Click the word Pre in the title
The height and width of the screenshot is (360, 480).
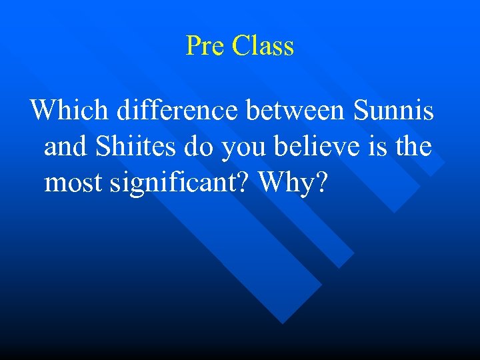pyautogui.click(x=205, y=46)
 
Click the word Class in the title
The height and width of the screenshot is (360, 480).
pyautogui.click(x=263, y=46)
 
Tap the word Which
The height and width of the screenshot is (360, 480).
pyautogui.click(x=70, y=110)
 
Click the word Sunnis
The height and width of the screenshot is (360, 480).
pyautogui.click(x=393, y=110)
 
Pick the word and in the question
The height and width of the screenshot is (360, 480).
pyautogui.click(x=65, y=146)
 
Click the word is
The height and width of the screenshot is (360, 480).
pyautogui.click(x=379, y=146)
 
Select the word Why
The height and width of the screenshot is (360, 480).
pyautogui.click(x=286, y=182)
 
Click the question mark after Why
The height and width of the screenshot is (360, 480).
pyautogui.click(x=321, y=182)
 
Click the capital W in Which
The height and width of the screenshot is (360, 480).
pyautogui.click(x=44, y=110)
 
